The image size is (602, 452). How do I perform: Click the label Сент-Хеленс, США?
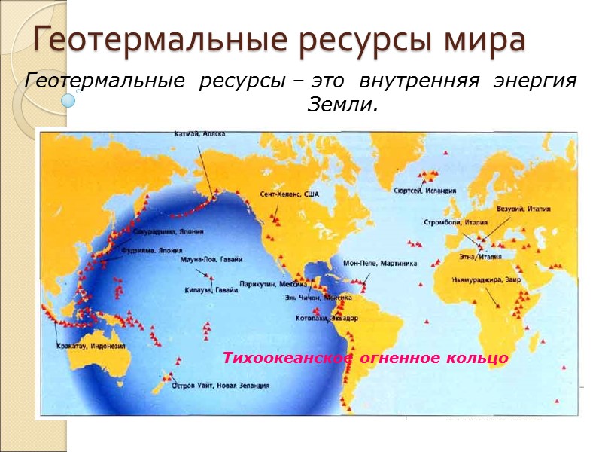point(290,194)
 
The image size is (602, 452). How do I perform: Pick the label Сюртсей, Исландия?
point(424,191)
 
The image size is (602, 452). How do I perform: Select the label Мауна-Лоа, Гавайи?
point(211,259)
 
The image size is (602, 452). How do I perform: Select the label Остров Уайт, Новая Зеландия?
point(220,385)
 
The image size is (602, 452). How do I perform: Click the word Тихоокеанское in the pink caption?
point(286,359)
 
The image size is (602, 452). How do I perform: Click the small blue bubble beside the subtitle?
point(68,99)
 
